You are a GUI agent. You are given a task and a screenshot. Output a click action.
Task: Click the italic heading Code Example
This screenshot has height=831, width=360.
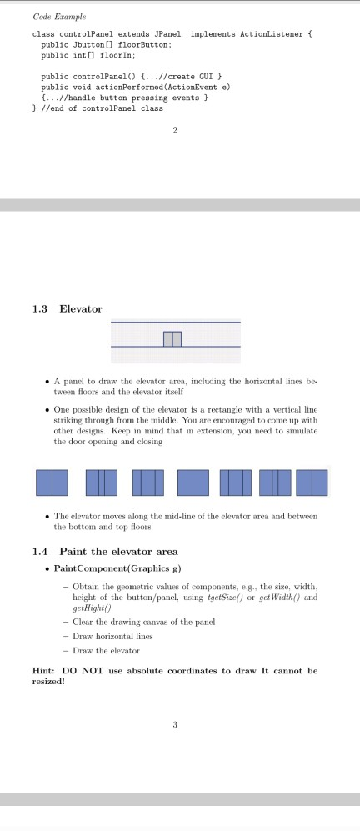pos(53,17)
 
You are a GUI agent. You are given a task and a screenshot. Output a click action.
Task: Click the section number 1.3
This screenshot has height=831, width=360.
pos(40,309)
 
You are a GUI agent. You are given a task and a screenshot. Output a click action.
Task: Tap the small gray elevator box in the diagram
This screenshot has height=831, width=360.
pos(172,338)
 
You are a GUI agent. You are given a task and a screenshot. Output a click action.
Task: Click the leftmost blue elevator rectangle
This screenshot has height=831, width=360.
pos(51,483)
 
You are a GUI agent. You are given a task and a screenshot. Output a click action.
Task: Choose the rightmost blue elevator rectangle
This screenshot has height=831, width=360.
pos(312,483)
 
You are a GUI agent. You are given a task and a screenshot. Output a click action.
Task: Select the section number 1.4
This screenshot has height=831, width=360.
pos(40,551)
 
